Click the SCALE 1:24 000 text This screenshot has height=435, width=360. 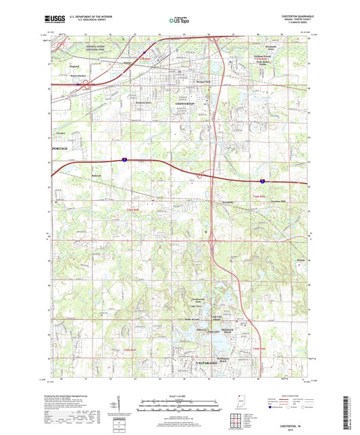click(x=180, y=396)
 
